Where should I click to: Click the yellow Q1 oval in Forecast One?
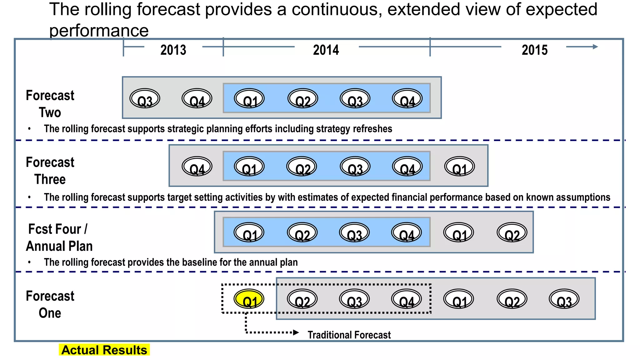(249, 299)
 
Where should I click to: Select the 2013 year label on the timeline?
(173, 50)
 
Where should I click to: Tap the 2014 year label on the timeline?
(326, 50)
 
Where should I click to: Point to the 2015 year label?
(534, 50)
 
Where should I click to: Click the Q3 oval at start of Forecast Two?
(145, 99)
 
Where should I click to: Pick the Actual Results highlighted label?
(104, 350)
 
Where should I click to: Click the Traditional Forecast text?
(349, 335)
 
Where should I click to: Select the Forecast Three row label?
(50, 171)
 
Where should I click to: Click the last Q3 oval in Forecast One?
(564, 299)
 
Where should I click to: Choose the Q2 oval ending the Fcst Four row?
(512, 232)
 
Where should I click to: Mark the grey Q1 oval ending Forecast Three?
(459, 167)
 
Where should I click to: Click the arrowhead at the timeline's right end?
(595, 47)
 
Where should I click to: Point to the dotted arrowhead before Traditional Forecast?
(296, 332)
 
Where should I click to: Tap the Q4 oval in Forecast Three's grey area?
(197, 167)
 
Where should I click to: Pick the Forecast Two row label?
(50, 104)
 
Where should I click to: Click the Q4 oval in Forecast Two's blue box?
(407, 99)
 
